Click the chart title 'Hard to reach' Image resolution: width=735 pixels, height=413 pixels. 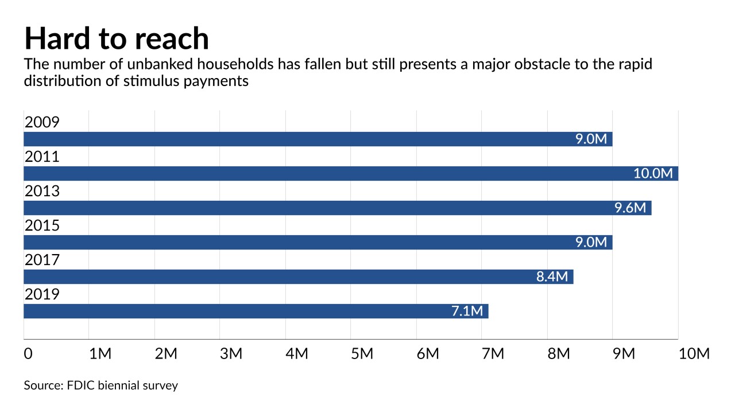(117, 38)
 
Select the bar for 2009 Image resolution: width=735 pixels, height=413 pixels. (318, 139)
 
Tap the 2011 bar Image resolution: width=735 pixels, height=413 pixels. (350, 174)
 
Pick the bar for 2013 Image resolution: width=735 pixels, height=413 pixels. (337, 208)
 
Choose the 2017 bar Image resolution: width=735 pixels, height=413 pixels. (298, 277)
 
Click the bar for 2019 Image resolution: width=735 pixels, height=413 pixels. (256, 311)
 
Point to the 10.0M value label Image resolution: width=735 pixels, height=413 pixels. (653, 174)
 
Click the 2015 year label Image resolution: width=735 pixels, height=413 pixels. (42, 225)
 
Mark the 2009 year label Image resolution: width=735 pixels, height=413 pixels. (42, 122)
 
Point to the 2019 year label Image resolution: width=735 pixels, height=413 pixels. (42, 294)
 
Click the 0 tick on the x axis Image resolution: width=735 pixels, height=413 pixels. (28, 354)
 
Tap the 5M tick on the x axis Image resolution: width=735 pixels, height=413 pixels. (362, 354)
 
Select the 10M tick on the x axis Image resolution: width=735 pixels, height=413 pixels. (694, 354)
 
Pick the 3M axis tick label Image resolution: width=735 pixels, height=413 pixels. (231, 354)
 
